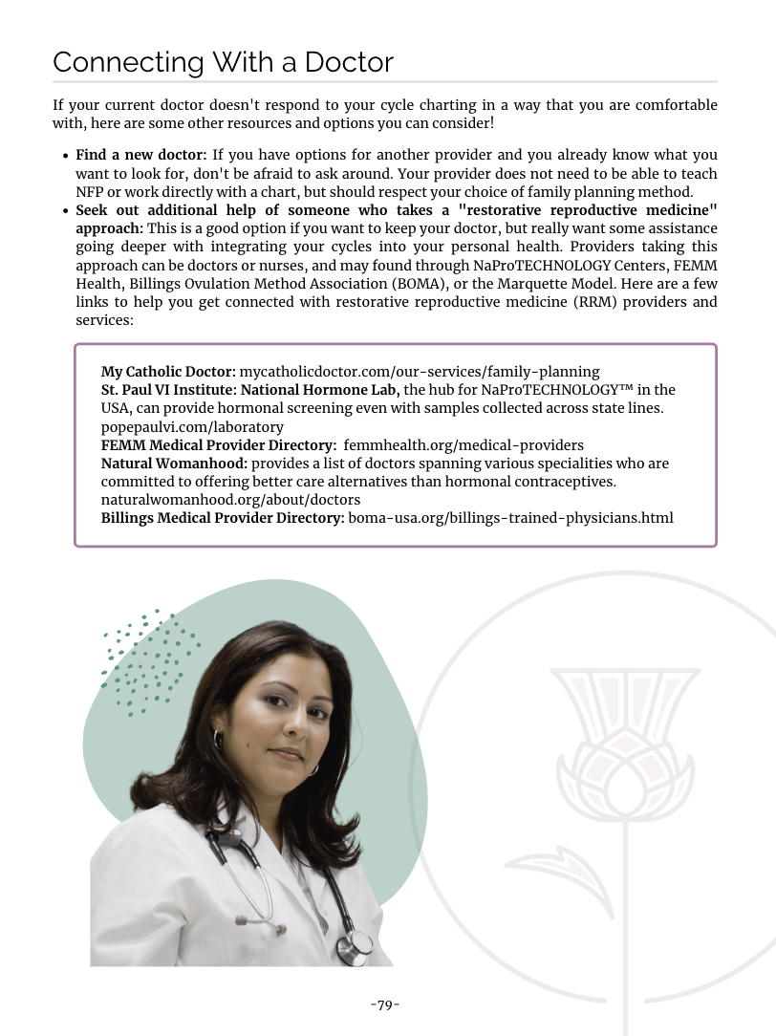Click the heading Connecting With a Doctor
click(x=223, y=62)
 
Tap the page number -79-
click(x=384, y=1004)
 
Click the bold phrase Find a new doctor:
click(x=141, y=155)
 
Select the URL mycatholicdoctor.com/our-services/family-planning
click(x=419, y=371)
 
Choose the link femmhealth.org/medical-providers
click(x=463, y=444)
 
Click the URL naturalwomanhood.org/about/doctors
click(x=230, y=500)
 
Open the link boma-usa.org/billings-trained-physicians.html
click(x=510, y=518)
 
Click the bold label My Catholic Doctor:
click(x=168, y=371)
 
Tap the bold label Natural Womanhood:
click(x=175, y=464)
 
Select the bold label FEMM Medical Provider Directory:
click(x=218, y=444)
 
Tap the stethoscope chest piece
click(x=357, y=946)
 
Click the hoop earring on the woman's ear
click(x=218, y=739)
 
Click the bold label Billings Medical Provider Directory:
click(x=223, y=518)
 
